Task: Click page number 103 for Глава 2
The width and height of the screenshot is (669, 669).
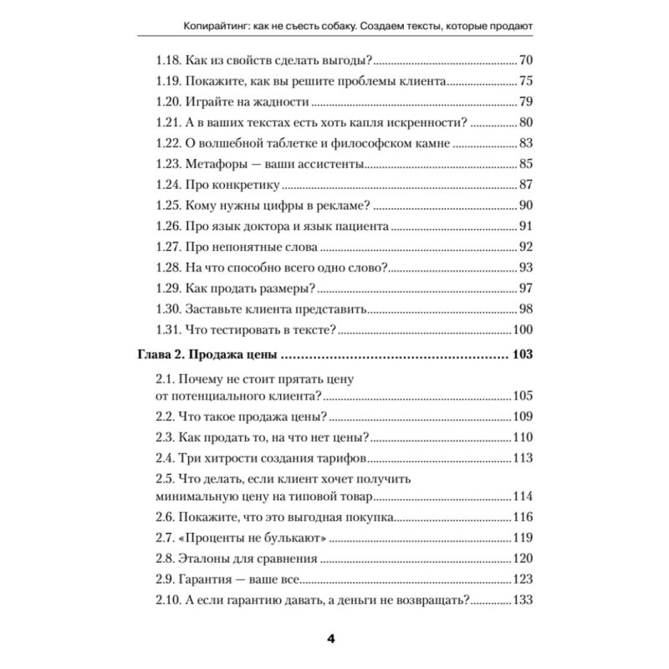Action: point(521,355)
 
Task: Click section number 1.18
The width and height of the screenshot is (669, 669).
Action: point(171,61)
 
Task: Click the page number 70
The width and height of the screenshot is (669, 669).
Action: point(526,61)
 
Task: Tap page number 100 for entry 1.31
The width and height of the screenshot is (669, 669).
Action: point(523,329)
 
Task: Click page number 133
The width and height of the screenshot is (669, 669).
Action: point(522,600)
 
